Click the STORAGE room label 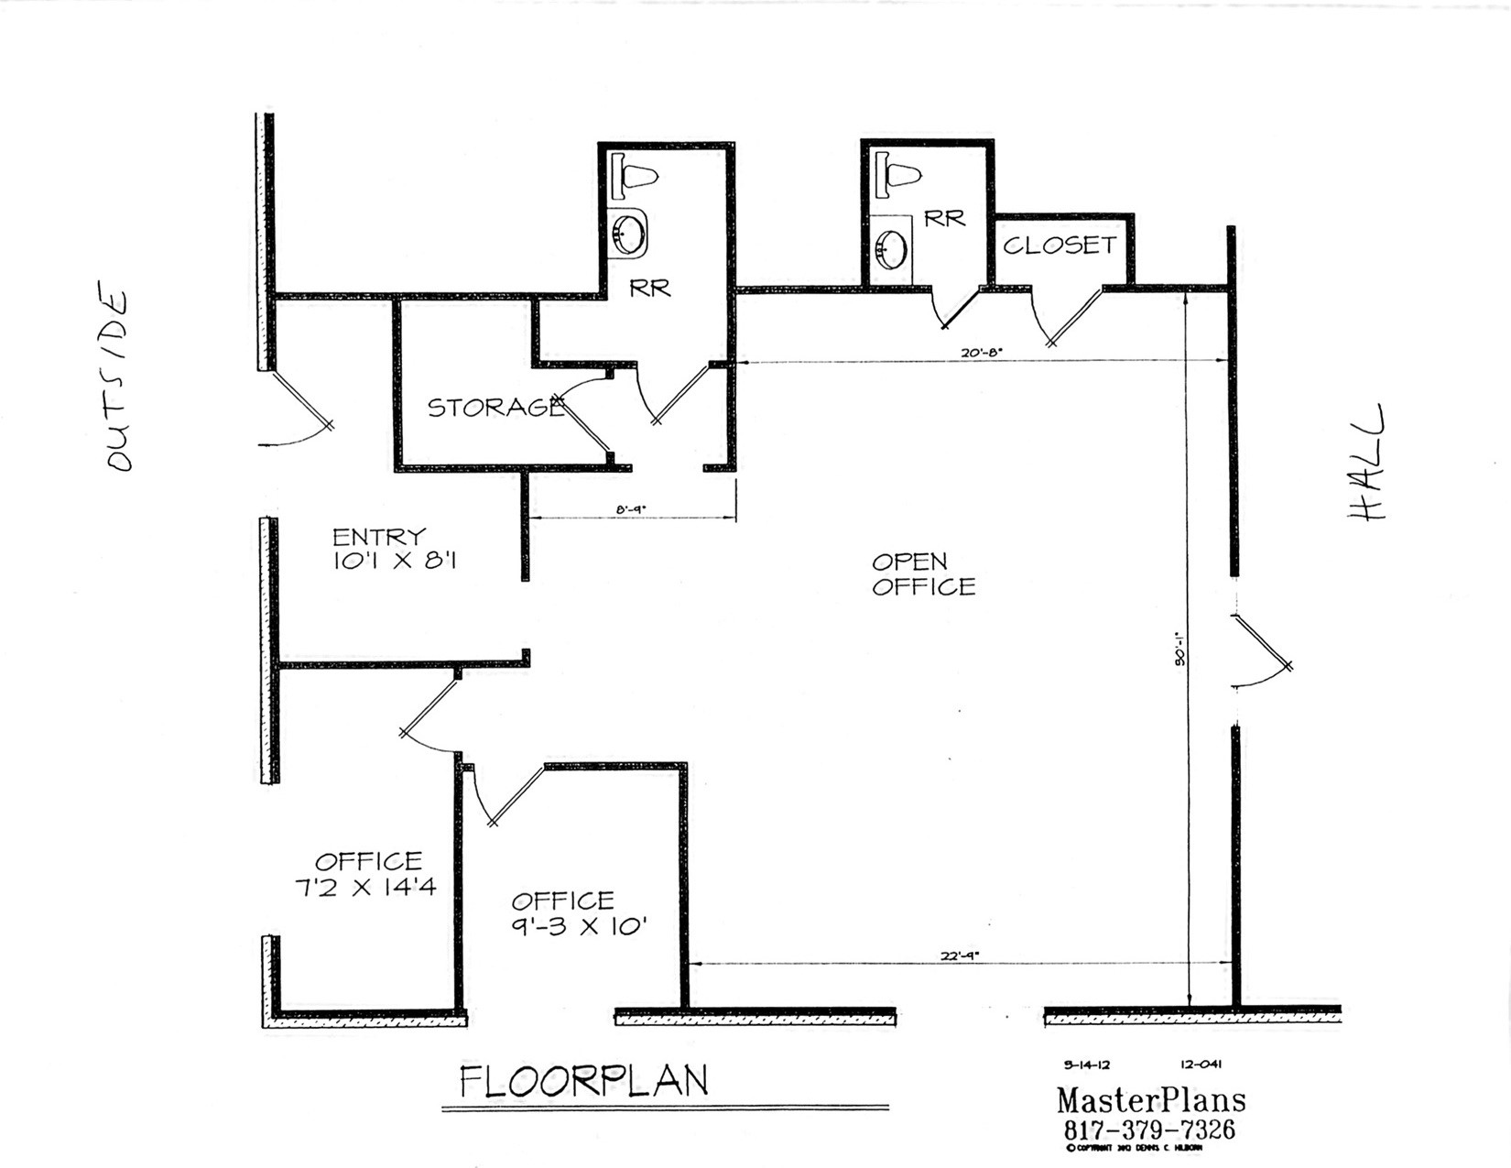[495, 407]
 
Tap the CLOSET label [1060, 245]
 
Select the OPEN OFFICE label [922, 574]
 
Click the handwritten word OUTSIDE [116, 380]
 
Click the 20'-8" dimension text [981, 352]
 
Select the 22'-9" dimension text [959, 955]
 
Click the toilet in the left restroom [637, 175]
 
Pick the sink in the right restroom [891, 246]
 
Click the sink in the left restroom [628, 233]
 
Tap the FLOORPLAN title [583, 1081]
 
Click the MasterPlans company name [1151, 1099]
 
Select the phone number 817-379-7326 [1149, 1129]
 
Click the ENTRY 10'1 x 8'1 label [392, 549]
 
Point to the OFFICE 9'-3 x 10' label [579, 913]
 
